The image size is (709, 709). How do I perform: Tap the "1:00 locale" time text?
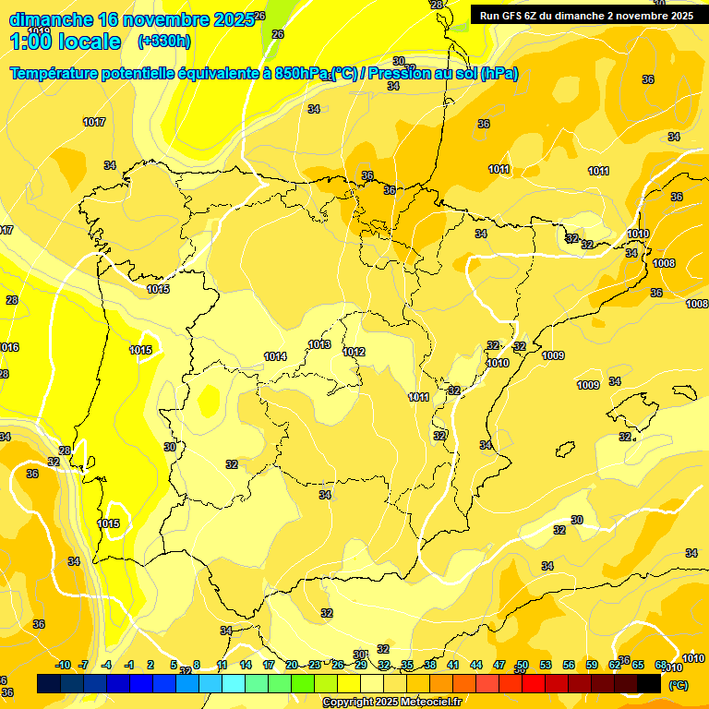pos(66,42)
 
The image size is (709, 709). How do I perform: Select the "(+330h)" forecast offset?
pos(163,42)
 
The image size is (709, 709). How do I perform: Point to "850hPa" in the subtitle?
pos(302,73)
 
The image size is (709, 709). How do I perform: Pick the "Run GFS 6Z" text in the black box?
pos(515,16)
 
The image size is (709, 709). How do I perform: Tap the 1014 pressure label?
pos(275,356)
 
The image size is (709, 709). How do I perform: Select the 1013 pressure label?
pos(319,344)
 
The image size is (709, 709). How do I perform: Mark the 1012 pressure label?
pos(354,352)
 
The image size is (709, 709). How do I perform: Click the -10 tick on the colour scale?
pos(63,665)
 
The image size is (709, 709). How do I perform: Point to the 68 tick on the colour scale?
pos(660,665)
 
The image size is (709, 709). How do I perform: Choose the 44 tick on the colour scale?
pos(475,665)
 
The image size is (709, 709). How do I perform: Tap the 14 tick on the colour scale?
pos(246,665)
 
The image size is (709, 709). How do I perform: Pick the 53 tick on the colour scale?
pos(545,665)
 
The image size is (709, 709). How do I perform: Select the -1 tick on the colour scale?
pos(129,665)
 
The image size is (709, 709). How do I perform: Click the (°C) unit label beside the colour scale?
pos(678,685)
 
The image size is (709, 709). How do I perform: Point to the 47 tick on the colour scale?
pos(499,665)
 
